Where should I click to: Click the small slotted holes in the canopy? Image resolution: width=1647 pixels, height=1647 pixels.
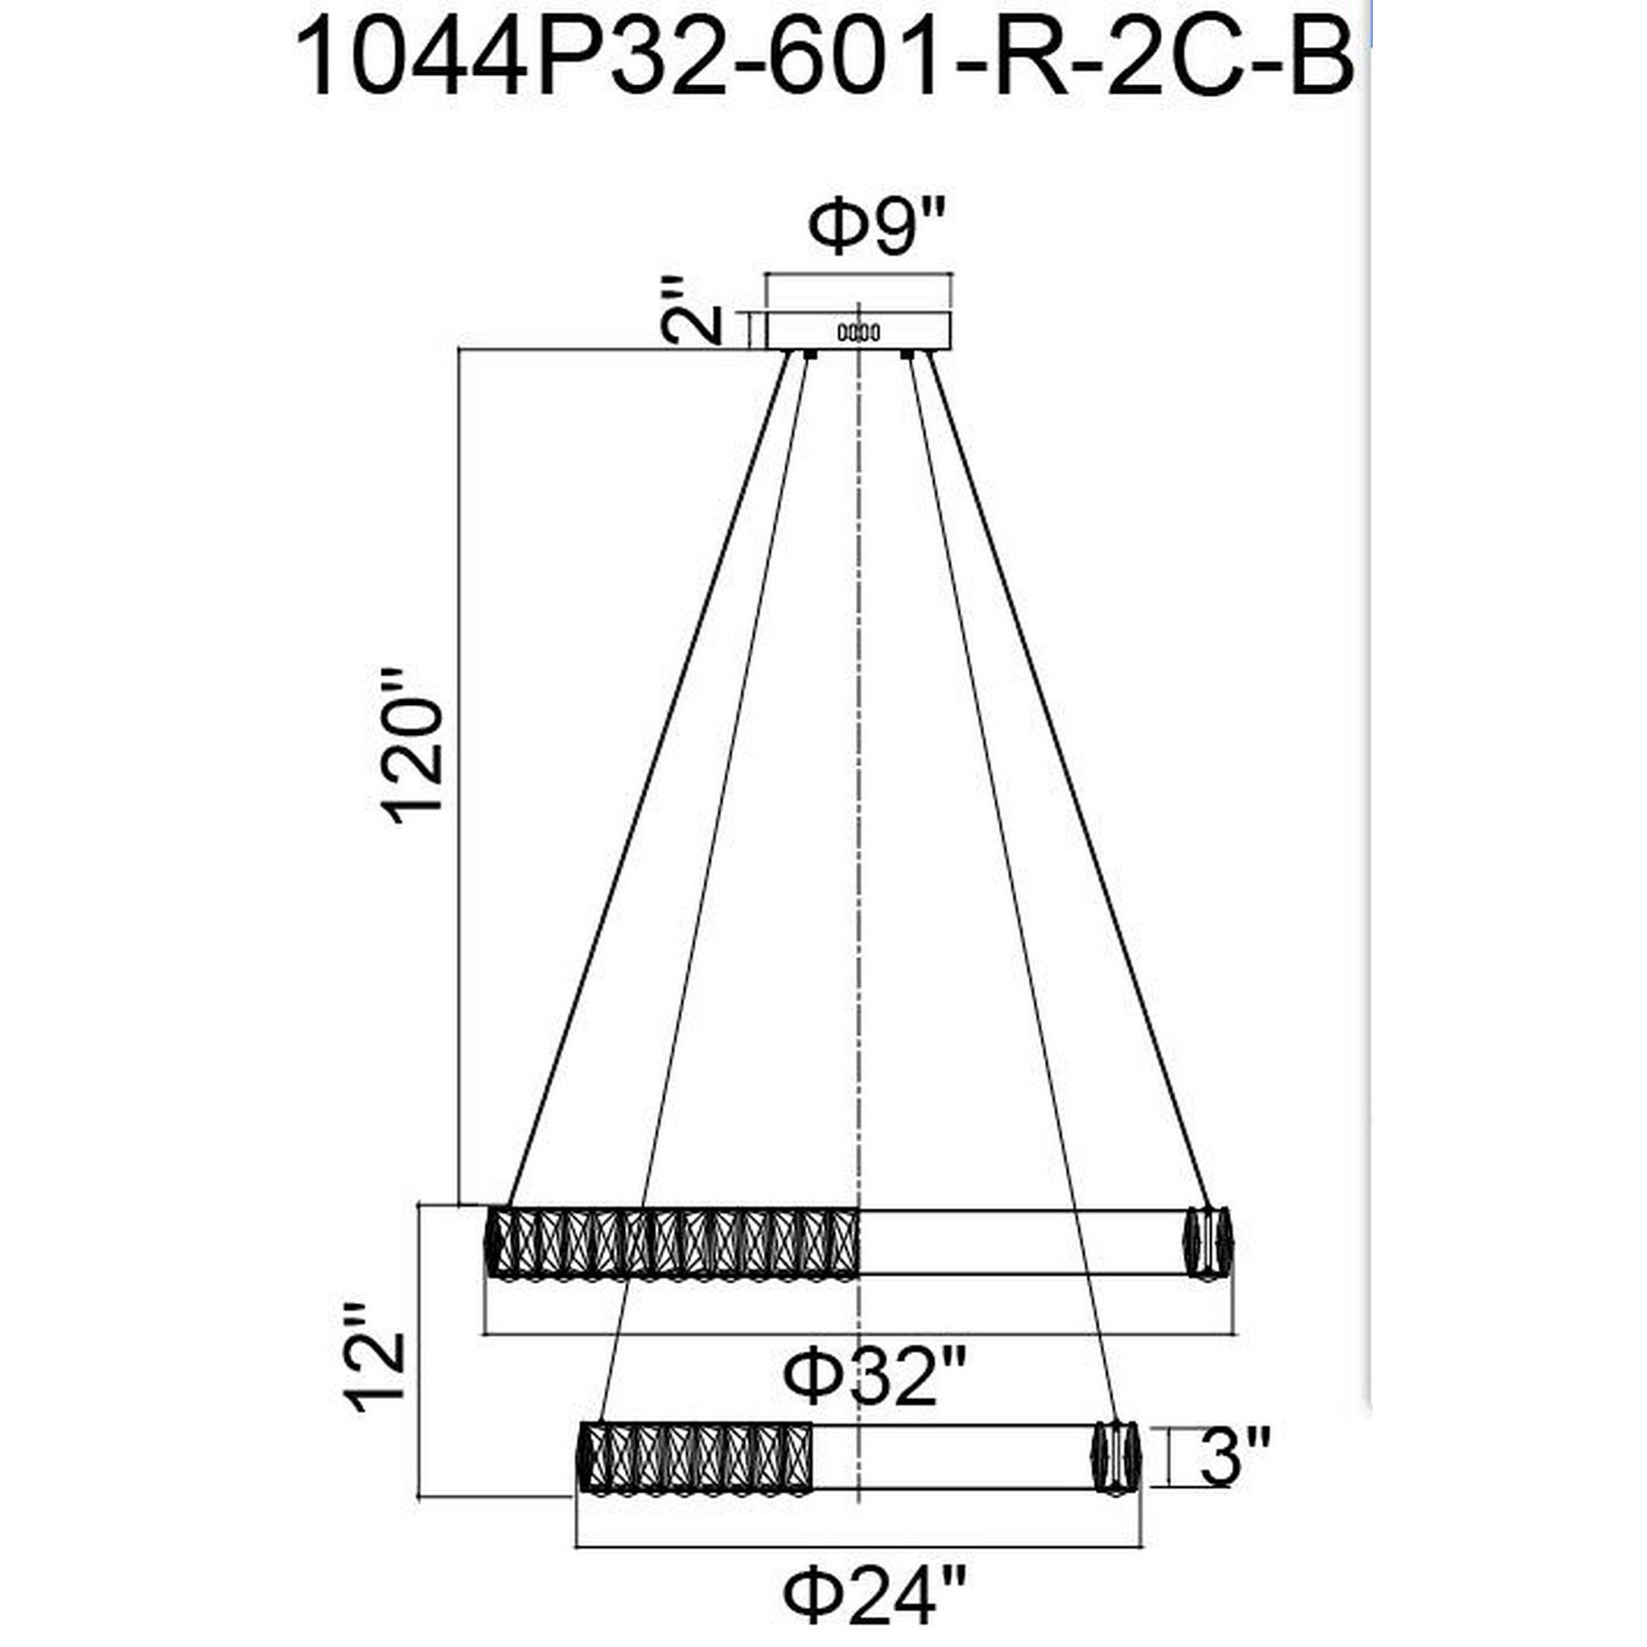[858, 334]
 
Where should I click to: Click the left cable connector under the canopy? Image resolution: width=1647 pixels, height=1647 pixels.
[807, 354]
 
